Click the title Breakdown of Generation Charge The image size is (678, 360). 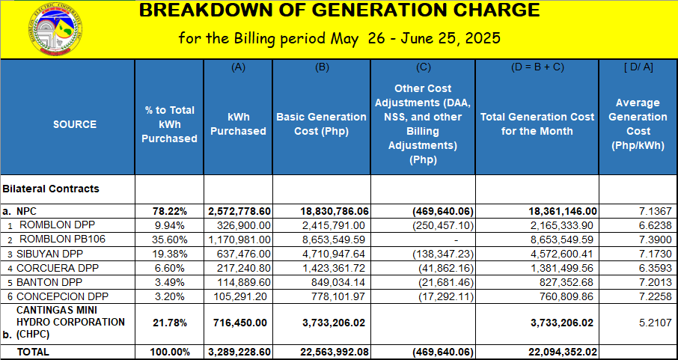(339, 10)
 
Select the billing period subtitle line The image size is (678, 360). (339, 38)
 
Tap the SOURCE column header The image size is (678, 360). (75, 124)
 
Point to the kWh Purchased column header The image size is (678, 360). (238, 124)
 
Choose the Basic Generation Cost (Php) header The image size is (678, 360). (321, 124)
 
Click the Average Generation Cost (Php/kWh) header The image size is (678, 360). (638, 124)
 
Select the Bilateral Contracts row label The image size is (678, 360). (51, 189)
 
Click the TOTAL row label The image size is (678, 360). (33, 351)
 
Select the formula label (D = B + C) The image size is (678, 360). (537, 67)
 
